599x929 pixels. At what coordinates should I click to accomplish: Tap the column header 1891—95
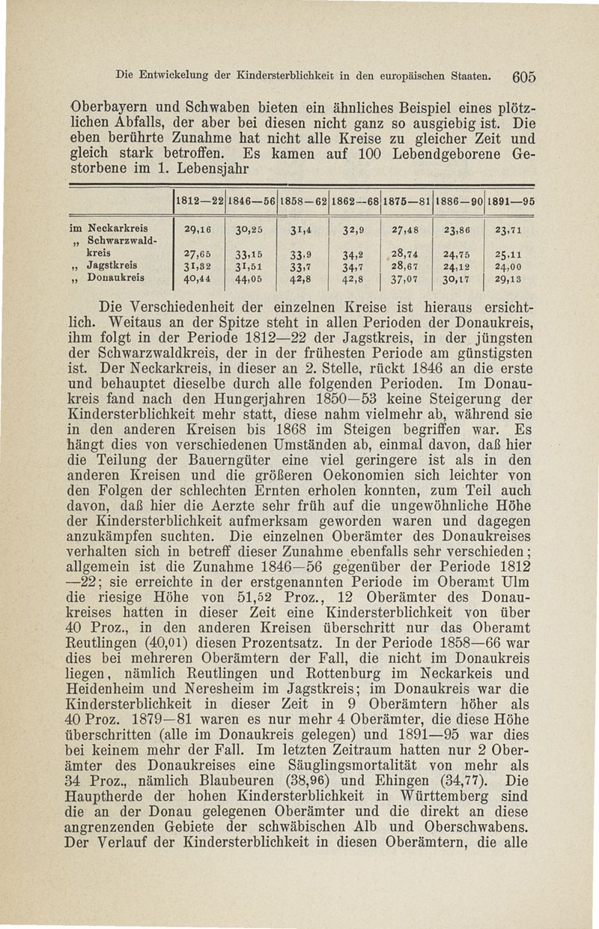[x=511, y=202]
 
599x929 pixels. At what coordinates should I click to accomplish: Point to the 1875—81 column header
[x=406, y=202]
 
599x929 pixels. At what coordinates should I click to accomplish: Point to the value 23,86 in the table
[x=458, y=229]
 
